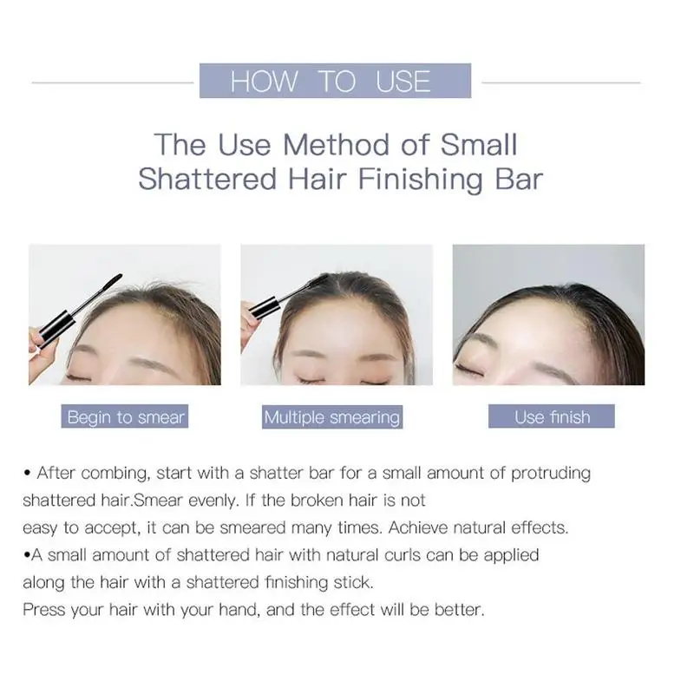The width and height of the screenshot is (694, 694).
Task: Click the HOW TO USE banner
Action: coord(335,81)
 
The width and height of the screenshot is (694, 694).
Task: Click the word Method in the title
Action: coord(337,145)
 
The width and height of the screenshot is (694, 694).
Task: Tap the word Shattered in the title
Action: coord(207,180)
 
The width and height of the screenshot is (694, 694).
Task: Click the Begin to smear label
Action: coord(125,416)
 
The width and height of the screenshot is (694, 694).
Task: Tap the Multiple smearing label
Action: coord(332,417)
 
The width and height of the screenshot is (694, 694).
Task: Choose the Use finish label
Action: coord(552,416)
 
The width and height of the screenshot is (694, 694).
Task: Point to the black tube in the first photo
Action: coord(56,327)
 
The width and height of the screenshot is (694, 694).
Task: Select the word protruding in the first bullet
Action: coord(551,474)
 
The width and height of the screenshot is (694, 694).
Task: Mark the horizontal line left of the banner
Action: coord(113,82)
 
